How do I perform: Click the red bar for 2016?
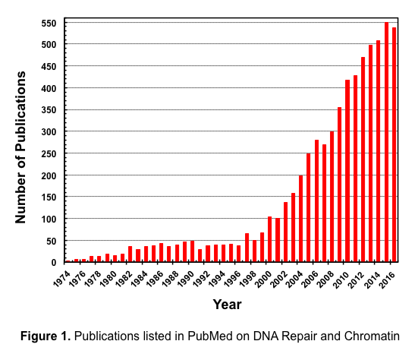point(394,144)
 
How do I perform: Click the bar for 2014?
point(379,151)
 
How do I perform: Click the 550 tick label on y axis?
point(50,23)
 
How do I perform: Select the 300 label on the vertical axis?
point(50,132)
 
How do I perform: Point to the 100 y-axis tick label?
point(50,219)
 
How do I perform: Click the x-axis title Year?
point(227,305)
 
